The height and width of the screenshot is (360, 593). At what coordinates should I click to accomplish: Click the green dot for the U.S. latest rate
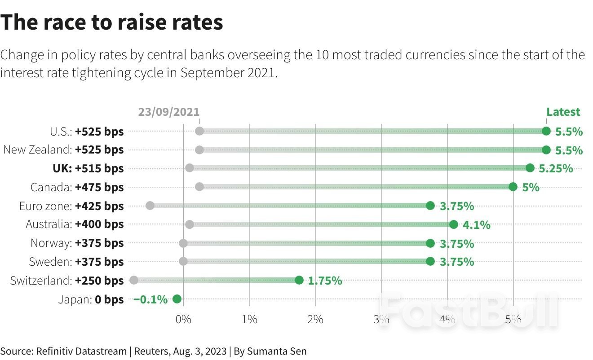point(546,131)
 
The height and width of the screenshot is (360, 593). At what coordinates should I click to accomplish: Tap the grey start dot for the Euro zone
point(150,206)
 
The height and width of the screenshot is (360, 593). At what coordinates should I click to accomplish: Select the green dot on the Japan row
point(177,299)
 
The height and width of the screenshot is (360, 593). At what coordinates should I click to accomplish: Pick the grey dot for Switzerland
point(133,280)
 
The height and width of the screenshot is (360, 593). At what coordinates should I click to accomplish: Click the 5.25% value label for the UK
point(556,168)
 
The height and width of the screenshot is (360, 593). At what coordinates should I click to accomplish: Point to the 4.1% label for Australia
point(476,224)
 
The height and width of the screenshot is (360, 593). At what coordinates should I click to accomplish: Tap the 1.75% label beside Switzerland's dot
point(325,281)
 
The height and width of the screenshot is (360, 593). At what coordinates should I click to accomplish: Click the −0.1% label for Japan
point(150,299)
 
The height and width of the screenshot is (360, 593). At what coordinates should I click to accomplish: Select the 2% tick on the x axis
point(315,319)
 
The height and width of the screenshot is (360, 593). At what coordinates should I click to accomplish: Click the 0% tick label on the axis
point(183,319)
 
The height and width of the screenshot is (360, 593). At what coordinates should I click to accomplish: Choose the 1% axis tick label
point(249,319)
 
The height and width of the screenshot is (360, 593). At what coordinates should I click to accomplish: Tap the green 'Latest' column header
point(563,112)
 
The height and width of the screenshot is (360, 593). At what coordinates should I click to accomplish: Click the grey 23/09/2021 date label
point(168,112)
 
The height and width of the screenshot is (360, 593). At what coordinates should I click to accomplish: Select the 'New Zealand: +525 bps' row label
point(63,149)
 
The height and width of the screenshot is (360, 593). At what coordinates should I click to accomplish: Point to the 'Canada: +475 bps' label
point(77,187)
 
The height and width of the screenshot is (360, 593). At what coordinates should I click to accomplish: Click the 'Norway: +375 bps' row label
point(77,243)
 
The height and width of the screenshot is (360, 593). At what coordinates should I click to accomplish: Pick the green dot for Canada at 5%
point(513,187)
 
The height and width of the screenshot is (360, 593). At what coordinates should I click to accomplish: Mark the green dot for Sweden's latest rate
point(430,261)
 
